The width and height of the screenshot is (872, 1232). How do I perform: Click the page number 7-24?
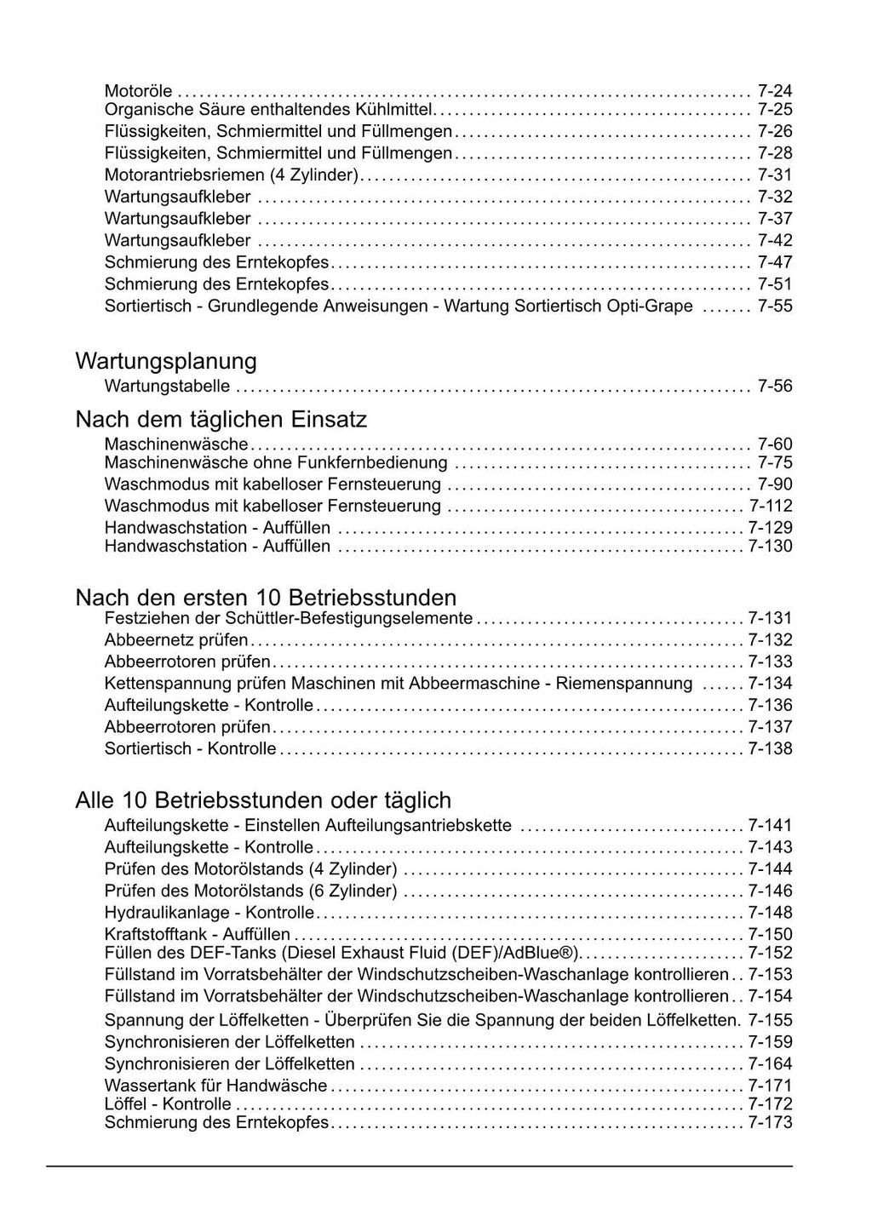[774, 90]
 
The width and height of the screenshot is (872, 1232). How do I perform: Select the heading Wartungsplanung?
[166, 361]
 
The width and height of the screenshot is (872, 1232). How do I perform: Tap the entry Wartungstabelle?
[167, 387]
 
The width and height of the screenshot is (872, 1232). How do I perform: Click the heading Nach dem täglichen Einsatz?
[221, 420]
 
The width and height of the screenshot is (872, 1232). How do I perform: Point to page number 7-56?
[774, 387]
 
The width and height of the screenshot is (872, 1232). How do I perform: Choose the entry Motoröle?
[138, 90]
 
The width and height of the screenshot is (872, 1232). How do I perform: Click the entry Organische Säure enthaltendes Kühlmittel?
[269, 110]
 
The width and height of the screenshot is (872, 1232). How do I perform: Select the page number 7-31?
[774, 175]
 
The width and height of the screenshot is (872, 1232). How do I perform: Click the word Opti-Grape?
[651, 306]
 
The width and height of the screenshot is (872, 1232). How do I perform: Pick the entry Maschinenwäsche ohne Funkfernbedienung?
[276, 463]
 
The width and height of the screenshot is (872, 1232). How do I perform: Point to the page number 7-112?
[770, 506]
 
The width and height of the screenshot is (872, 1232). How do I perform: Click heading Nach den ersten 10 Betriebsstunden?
[266, 597]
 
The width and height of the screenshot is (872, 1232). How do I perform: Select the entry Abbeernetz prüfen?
[176, 640]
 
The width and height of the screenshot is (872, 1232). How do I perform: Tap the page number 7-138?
[770, 749]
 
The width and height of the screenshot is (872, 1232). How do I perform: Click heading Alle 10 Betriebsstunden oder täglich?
[263, 800]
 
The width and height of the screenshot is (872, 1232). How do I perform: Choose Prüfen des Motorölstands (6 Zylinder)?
[250, 891]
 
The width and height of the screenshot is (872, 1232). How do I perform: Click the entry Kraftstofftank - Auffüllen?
[197, 935]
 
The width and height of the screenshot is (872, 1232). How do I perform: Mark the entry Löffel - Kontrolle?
[168, 1104]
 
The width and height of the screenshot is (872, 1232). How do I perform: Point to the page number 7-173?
[770, 1123]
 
